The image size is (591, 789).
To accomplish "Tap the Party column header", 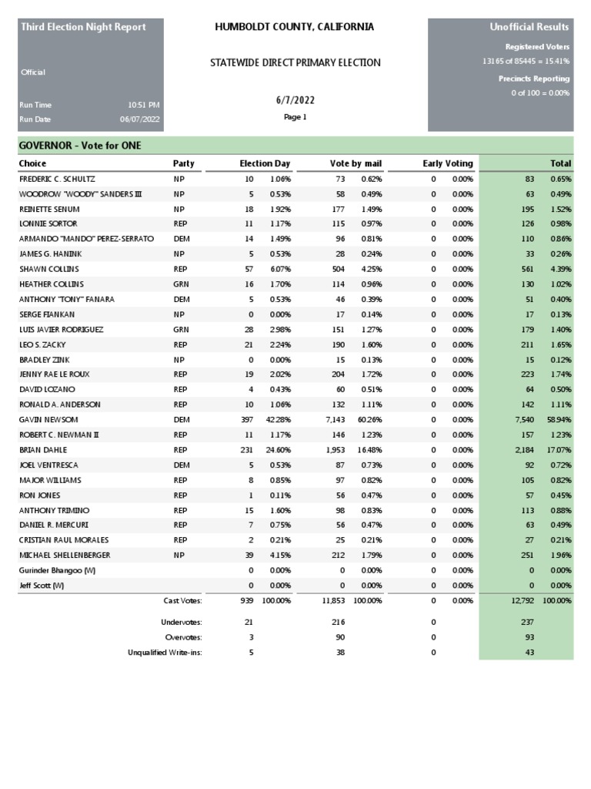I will click(x=183, y=163).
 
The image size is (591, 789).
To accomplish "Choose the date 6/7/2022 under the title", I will click(x=295, y=101).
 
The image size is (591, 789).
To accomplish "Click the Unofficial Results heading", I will click(x=529, y=28).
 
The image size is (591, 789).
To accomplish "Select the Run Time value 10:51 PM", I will click(x=144, y=105).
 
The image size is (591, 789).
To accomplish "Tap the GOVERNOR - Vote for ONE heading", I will click(x=80, y=146).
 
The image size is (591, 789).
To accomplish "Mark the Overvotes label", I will click(x=183, y=637).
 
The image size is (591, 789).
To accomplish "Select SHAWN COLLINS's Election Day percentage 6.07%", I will click(x=280, y=270).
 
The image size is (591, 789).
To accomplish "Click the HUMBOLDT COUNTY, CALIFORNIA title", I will click(x=295, y=27).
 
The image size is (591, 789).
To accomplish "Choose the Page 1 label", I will click(x=295, y=117).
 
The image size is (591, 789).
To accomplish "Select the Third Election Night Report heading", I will click(x=83, y=27).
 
